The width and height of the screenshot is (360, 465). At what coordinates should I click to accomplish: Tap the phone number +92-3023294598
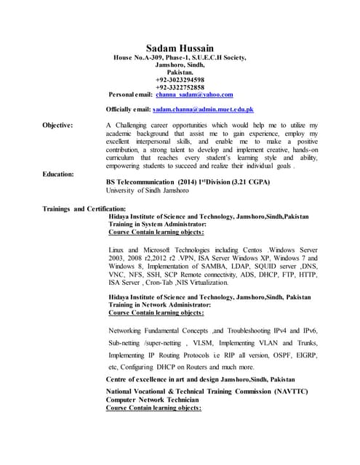coord(180,79)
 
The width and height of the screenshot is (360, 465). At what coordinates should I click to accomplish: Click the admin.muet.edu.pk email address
coord(203,109)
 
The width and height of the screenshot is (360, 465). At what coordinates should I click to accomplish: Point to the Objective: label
coord(57,125)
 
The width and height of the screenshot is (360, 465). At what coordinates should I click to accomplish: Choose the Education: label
coord(58,174)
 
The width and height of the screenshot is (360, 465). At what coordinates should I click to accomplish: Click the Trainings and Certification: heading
coord(84,209)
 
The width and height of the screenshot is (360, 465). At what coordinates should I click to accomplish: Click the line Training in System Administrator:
coord(160,225)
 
